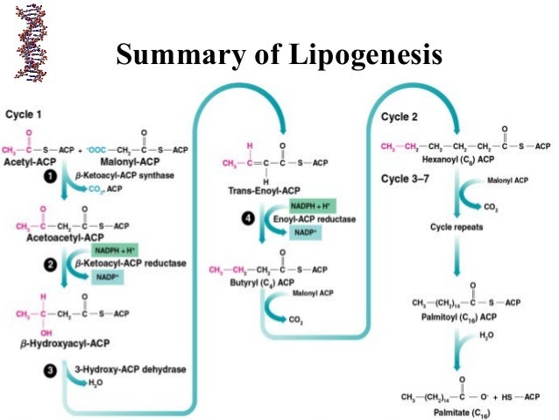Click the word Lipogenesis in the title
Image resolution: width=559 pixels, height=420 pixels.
pos(360,55)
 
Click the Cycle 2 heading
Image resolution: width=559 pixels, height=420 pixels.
pos(400,117)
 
